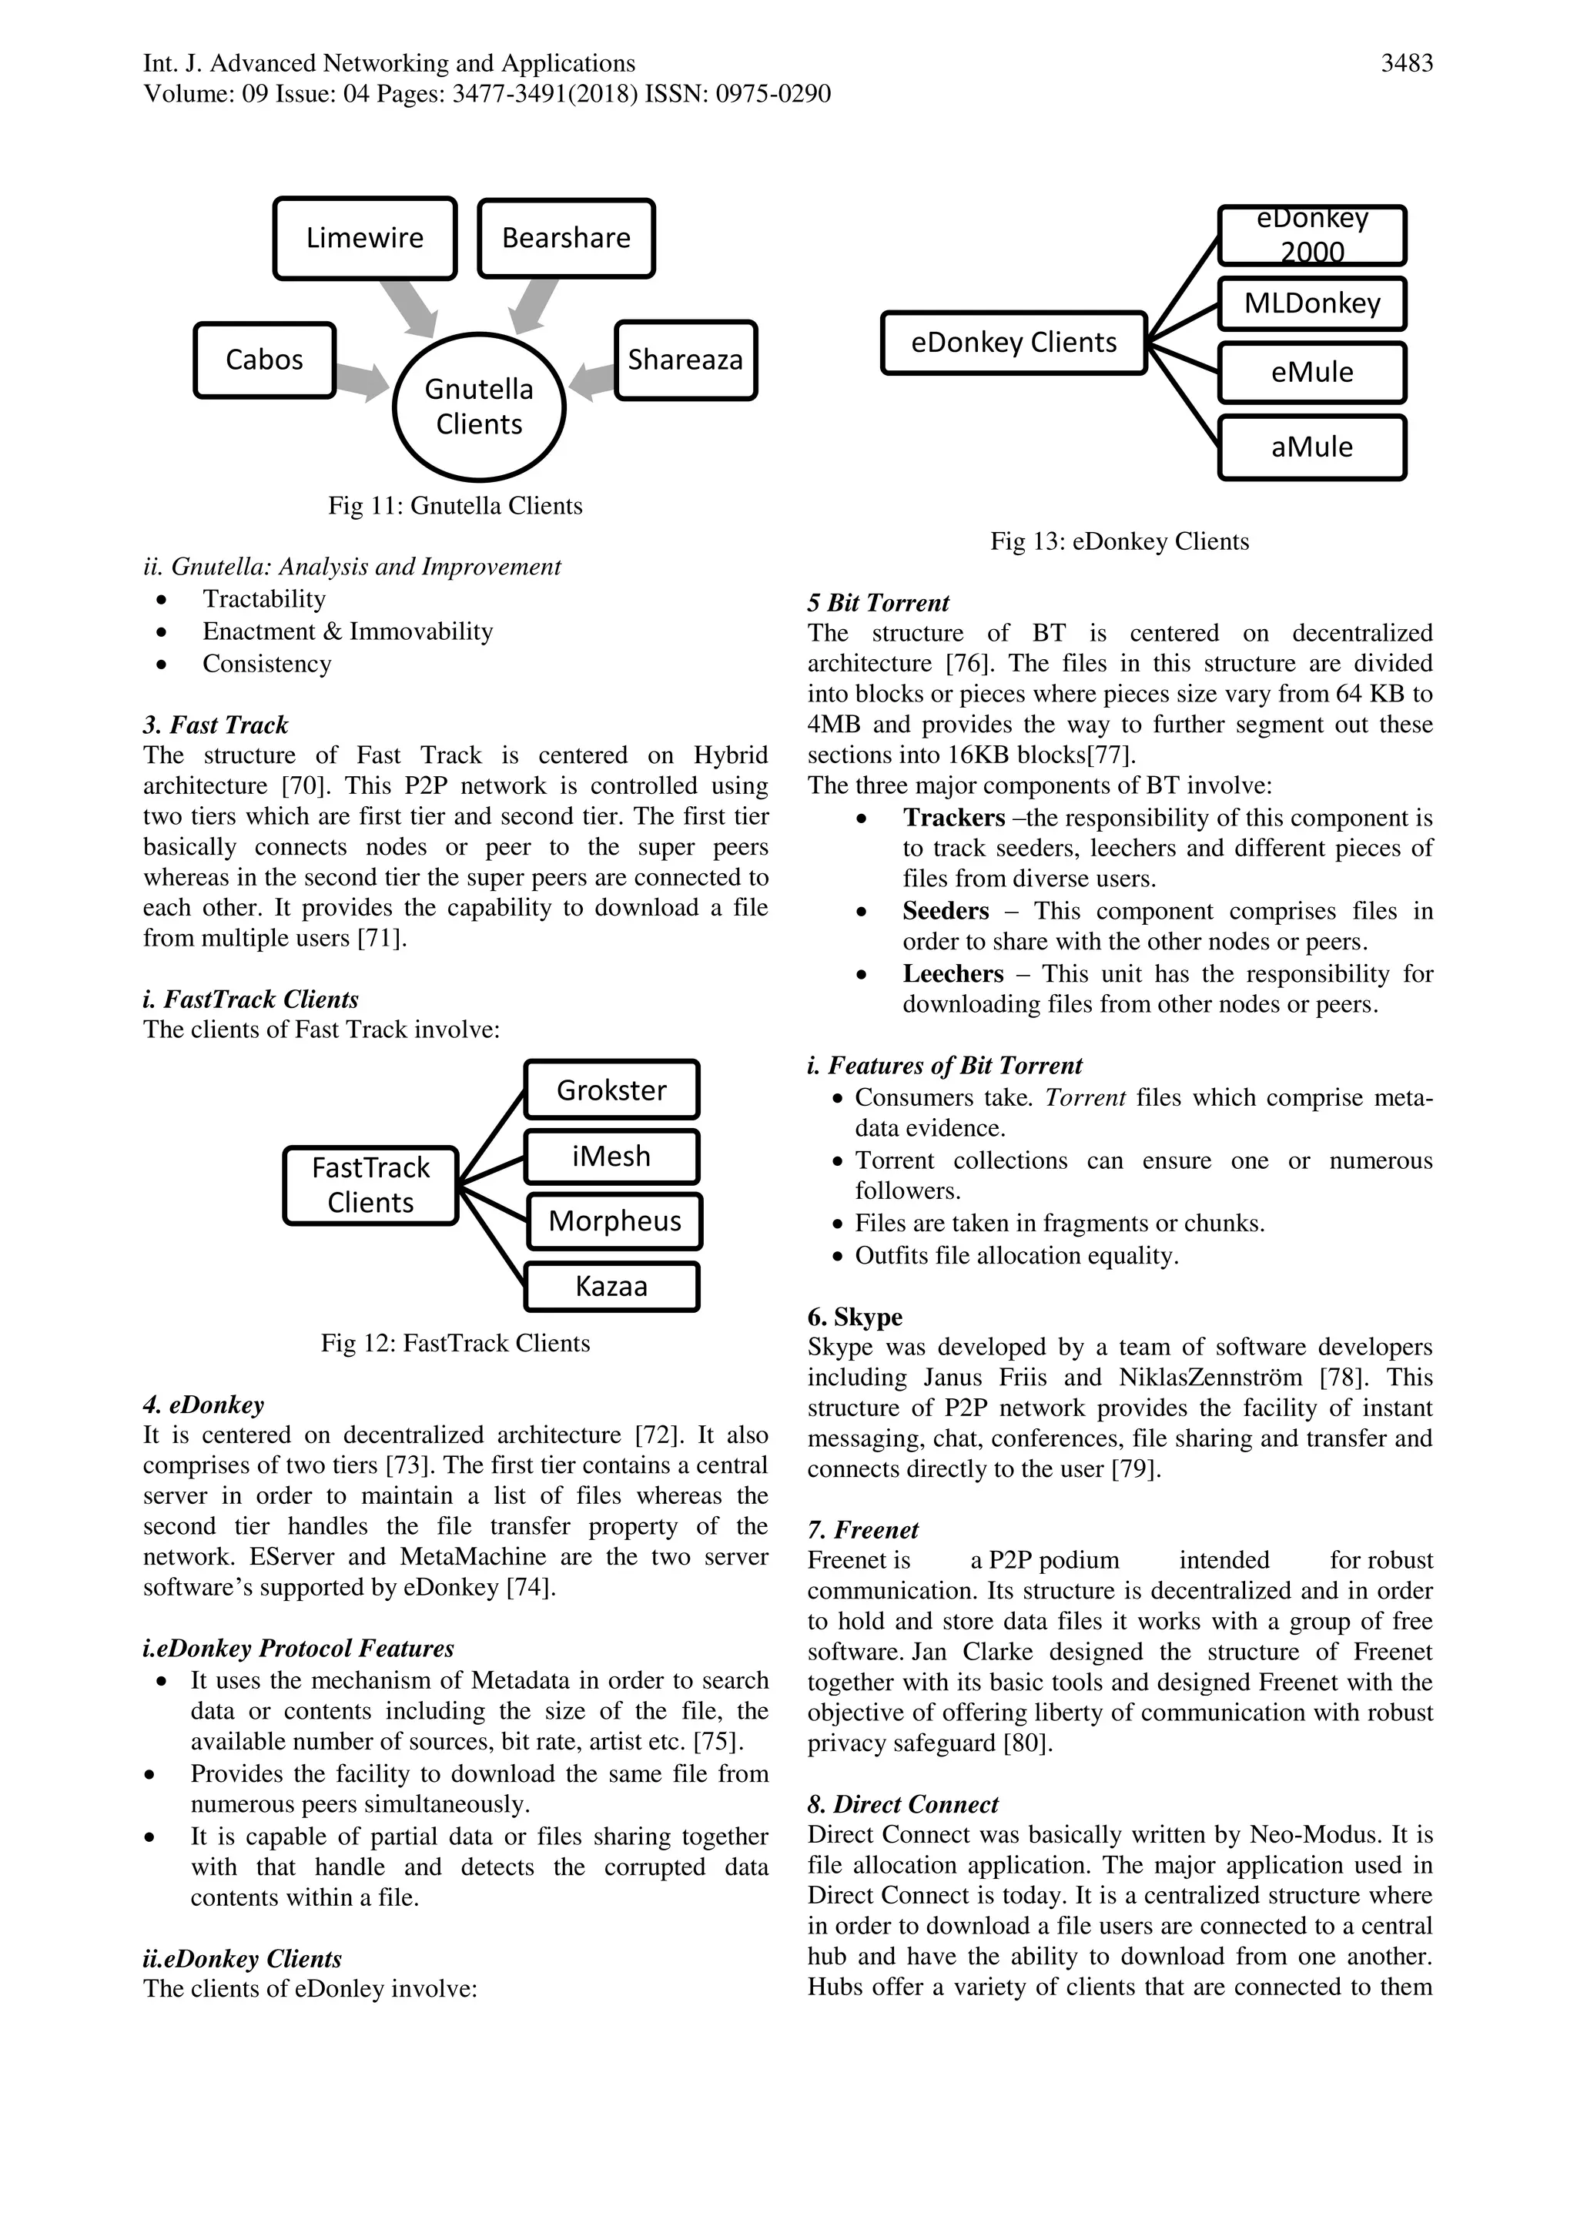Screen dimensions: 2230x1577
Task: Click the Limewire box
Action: [364, 238]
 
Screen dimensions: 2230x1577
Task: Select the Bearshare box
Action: [566, 238]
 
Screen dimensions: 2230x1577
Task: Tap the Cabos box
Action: [264, 360]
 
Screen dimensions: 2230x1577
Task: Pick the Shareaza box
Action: [685, 360]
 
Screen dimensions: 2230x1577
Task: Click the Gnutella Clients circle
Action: [479, 407]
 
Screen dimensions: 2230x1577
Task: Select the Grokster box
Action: [611, 1090]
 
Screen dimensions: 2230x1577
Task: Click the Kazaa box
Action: [611, 1287]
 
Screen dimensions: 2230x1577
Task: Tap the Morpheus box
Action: [614, 1220]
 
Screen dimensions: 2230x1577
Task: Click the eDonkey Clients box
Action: [1014, 343]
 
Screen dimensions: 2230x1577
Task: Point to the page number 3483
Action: [1406, 64]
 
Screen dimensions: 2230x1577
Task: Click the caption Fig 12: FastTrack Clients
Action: [455, 1343]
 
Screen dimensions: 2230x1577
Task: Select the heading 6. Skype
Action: [855, 1317]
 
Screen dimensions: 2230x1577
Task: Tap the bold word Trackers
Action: [953, 818]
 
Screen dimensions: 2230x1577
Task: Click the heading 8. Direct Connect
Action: [902, 1805]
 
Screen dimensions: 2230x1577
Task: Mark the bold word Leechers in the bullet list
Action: [953, 973]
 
